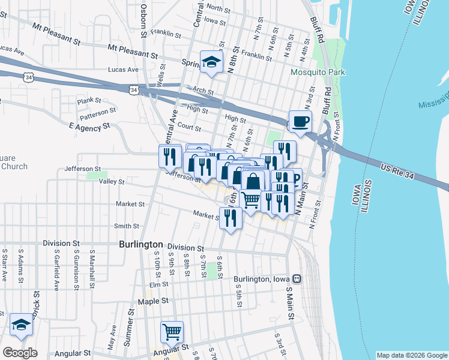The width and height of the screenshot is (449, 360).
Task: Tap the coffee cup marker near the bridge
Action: click(300, 122)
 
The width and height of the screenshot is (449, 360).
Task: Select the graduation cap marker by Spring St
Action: click(211, 62)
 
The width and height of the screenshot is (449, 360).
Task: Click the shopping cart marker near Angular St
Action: click(172, 332)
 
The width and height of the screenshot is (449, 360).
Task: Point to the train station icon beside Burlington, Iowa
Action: click(296, 279)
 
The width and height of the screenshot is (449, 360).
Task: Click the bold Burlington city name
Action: click(141, 245)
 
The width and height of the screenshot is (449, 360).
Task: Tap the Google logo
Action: click(20, 353)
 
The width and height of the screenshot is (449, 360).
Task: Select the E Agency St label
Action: click(91, 127)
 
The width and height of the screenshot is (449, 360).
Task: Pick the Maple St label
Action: click(151, 301)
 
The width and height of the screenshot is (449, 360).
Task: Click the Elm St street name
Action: click(159, 284)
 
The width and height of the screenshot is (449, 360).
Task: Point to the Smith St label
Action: click(127, 226)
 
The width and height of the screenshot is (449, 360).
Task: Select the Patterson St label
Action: click(98, 112)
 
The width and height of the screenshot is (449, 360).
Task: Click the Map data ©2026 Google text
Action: click(412, 355)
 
